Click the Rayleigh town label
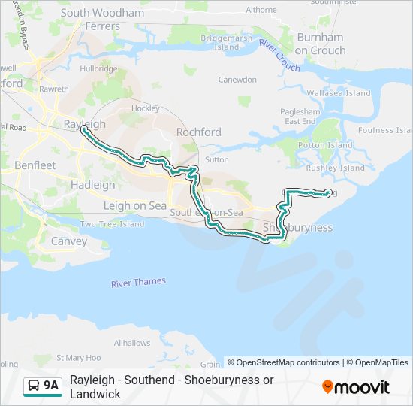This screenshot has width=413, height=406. point(84,124)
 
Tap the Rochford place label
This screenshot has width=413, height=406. point(198,132)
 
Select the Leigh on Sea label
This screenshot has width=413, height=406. point(134,205)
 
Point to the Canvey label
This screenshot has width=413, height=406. point(68,241)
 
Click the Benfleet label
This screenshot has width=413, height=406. point(35,164)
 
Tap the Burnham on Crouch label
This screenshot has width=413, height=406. point(321,44)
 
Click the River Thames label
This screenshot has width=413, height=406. point(138,283)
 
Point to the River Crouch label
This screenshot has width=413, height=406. point(279,56)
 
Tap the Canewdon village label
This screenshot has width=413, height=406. point(237,79)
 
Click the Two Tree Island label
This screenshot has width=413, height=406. point(112,224)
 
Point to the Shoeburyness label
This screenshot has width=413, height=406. point(297,227)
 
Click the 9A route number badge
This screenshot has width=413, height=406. point(51,386)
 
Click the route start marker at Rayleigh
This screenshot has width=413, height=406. point(84,132)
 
